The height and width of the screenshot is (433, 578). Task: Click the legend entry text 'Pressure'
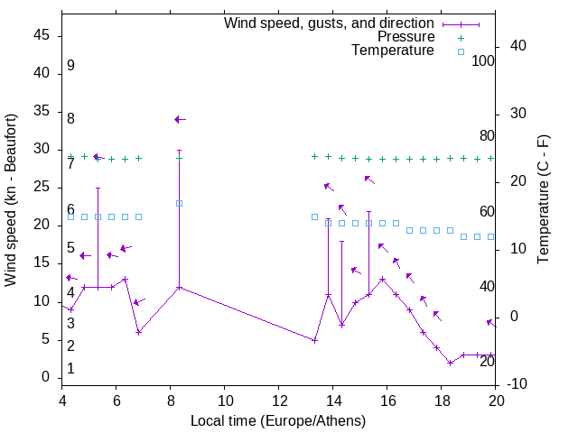click(x=406, y=37)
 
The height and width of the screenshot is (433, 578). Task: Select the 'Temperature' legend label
click(x=393, y=51)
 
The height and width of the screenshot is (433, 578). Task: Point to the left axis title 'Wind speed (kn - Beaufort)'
click(x=11, y=200)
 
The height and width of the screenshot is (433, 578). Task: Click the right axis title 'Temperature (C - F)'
click(x=543, y=200)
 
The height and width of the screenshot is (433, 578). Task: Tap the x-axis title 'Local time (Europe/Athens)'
click(x=278, y=421)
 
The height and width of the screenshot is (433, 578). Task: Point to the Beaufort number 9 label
click(x=70, y=66)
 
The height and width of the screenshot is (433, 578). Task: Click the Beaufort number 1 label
click(x=70, y=369)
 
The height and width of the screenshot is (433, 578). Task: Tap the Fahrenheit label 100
click(x=483, y=61)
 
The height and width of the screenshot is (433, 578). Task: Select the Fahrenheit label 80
click(x=487, y=136)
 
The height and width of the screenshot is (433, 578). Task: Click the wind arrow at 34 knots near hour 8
click(x=180, y=119)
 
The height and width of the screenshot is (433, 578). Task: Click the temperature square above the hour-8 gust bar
click(x=179, y=203)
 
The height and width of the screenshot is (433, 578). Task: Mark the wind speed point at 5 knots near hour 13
click(x=314, y=340)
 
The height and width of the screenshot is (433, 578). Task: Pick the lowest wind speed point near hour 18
click(x=450, y=363)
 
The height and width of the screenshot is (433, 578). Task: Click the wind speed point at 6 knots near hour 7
click(x=138, y=332)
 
